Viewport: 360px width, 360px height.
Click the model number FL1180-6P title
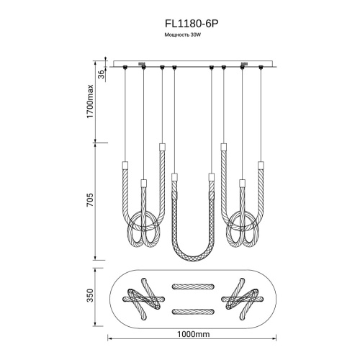coord(192,24)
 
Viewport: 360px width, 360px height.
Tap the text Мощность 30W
coord(182,35)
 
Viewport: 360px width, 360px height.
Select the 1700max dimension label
coord(90,101)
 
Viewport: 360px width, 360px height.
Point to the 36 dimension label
coord(102,74)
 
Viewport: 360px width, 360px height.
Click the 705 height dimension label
coord(90,199)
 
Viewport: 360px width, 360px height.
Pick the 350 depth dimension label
coord(90,295)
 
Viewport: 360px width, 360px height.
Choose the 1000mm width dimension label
coord(193,334)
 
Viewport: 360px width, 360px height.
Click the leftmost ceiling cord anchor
coord(125,67)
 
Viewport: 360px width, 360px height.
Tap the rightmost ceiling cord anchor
coord(261,67)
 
